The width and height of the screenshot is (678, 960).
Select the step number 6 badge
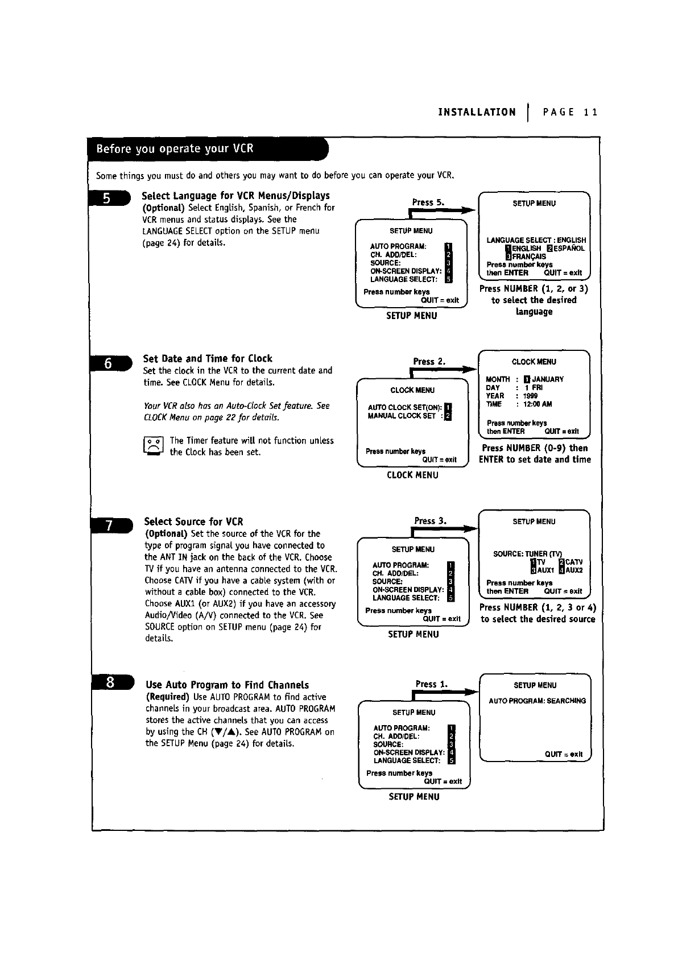(108, 363)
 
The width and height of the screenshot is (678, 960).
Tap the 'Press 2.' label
(429, 362)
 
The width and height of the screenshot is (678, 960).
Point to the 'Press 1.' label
(431, 684)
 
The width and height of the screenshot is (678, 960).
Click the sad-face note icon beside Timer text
(154, 446)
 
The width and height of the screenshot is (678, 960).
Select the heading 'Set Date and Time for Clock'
(208, 359)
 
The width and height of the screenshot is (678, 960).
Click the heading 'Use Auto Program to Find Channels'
(227, 685)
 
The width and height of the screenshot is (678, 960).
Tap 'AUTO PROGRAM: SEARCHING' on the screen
(537, 701)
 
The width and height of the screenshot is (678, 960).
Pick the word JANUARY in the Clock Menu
(548, 379)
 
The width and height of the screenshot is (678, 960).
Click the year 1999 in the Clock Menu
(531, 396)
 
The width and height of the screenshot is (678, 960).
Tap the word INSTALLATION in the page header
(477, 113)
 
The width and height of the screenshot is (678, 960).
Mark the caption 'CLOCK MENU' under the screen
(412, 475)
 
